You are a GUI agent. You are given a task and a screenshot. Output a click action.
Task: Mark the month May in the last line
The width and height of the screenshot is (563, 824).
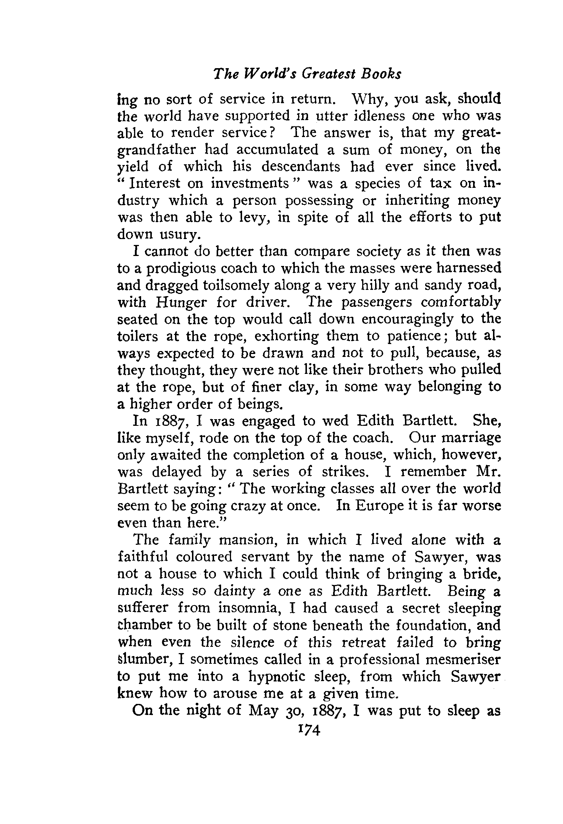[263, 711]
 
